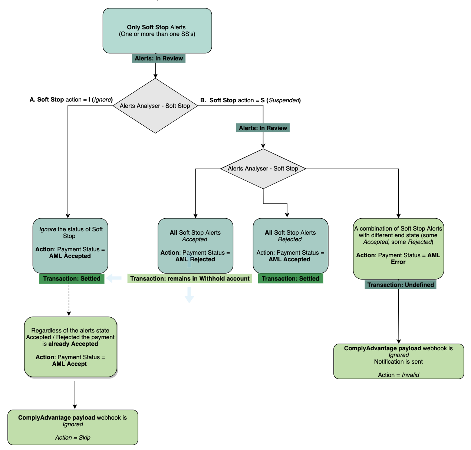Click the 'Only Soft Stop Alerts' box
pyautogui.click(x=157, y=31)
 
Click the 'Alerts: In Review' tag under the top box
pyautogui.click(x=158, y=58)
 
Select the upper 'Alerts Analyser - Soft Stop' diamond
pyautogui.click(x=155, y=106)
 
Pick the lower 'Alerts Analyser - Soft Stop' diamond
pyautogui.click(x=263, y=169)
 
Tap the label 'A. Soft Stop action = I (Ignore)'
pyautogui.click(x=71, y=99)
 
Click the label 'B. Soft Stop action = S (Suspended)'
pyautogui.click(x=250, y=100)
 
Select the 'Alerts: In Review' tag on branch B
pyautogui.click(x=263, y=128)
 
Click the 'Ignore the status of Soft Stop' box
pyautogui.click(x=70, y=245)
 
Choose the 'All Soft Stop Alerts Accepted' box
pyautogui.click(x=195, y=245)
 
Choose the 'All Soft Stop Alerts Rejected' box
pyautogui.click(x=290, y=245)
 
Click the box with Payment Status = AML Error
pyautogui.click(x=398, y=248)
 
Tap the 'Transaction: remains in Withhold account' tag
pyautogui.click(x=190, y=278)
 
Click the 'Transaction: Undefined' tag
pyautogui.click(x=400, y=285)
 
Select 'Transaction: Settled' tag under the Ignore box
pyautogui.click(x=72, y=279)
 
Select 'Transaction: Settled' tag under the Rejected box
pyautogui.click(x=290, y=278)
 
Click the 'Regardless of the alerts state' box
pyautogui.click(x=70, y=347)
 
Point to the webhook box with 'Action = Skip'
pyautogui.click(x=73, y=427)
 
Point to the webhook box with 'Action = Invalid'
pyautogui.click(x=399, y=361)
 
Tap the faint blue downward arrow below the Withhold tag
pyautogui.click(x=190, y=295)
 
